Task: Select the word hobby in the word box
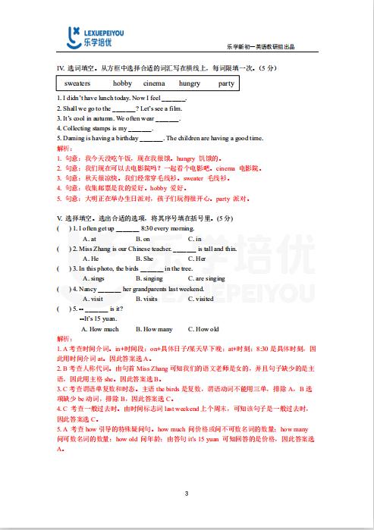point(122,83)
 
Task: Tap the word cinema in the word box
point(154,83)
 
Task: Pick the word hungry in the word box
point(190,83)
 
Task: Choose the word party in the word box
point(225,83)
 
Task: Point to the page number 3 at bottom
point(187,494)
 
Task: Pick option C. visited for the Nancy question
point(205,299)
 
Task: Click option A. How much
point(104,329)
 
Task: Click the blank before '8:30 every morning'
point(127,228)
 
